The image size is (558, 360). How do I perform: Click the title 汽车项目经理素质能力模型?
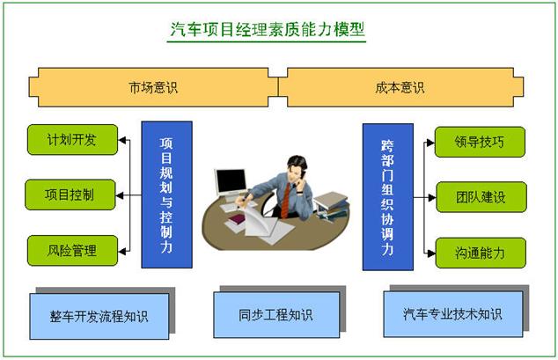pyautogui.click(x=268, y=29)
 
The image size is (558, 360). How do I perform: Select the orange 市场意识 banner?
pyautogui.click(x=153, y=87)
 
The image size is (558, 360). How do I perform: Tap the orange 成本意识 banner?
pyautogui.click(x=400, y=87)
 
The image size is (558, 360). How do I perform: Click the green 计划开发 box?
pyautogui.click(x=72, y=139)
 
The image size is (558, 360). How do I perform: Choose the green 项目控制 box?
pyautogui.click(x=70, y=195)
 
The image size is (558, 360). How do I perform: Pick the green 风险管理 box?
pyautogui.click(x=72, y=251)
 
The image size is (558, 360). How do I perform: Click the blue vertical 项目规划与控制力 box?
pyautogui.click(x=167, y=195)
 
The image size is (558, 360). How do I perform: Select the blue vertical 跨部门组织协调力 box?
pyautogui.click(x=388, y=196)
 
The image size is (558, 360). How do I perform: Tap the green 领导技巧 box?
pyautogui.click(x=480, y=142)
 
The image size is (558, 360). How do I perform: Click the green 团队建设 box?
pyautogui.click(x=481, y=197)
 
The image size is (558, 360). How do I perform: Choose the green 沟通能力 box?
pyautogui.click(x=481, y=253)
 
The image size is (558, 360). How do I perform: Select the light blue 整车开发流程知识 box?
pyautogui.click(x=99, y=316)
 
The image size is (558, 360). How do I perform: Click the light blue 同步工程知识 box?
pyautogui.click(x=276, y=315)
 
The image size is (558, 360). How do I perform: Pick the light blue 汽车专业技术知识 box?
pyautogui.click(x=453, y=314)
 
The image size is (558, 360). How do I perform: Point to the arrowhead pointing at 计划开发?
pyautogui.click(x=122, y=140)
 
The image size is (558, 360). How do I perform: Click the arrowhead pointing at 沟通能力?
pyautogui.click(x=431, y=253)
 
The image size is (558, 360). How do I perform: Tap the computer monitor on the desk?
pyautogui.click(x=231, y=182)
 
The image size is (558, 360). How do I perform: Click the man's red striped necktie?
pyautogui.click(x=285, y=200)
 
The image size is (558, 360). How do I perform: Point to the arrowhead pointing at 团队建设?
pyautogui.click(x=431, y=197)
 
